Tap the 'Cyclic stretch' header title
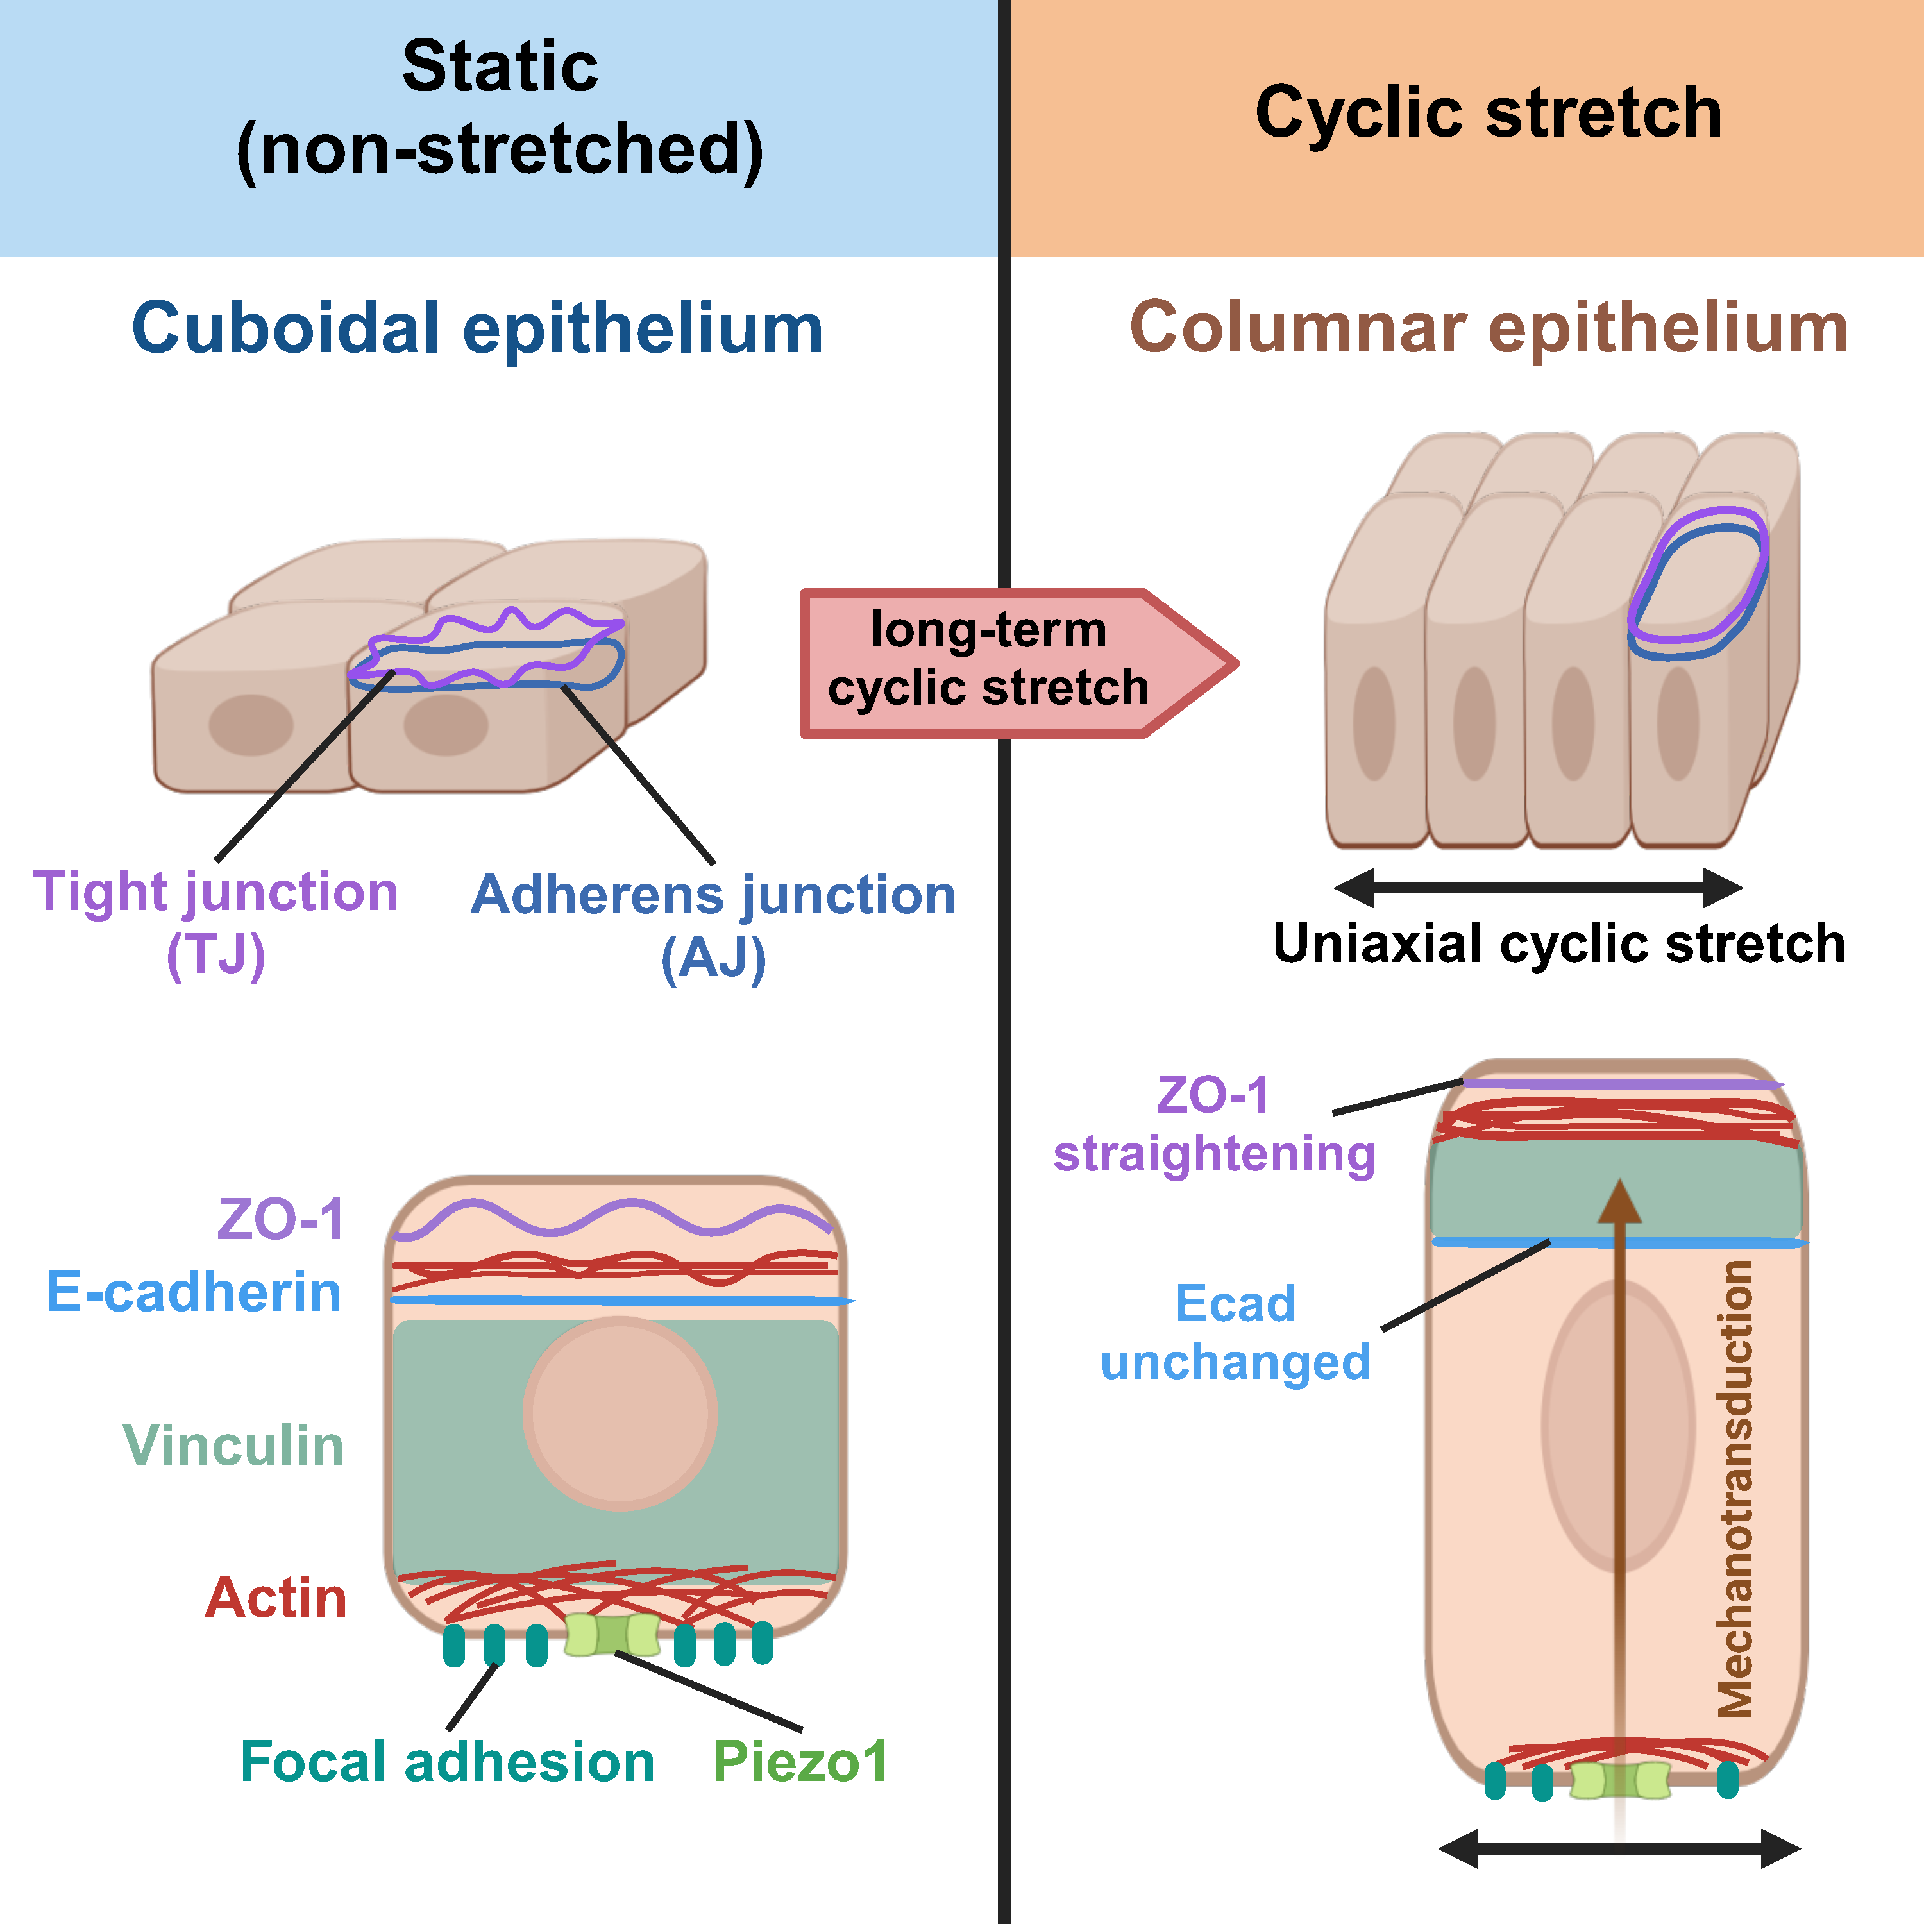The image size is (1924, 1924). pyautogui.click(x=1488, y=112)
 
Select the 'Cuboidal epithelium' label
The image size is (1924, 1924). pyautogui.click(x=478, y=328)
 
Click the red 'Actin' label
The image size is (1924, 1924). pyautogui.click(x=276, y=1598)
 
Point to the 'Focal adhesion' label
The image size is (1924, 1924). pyautogui.click(x=447, y=1762)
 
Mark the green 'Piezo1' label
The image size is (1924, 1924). pyautogui.click(x=800, y=1762)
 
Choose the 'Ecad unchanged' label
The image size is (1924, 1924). pyautogui.click(x=1235, y=1333)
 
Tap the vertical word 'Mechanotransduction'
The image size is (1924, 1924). pyautogui.click(x=1736, y=1489)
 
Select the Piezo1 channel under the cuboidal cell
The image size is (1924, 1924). pyautogui.click(x=611, y=1635)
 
